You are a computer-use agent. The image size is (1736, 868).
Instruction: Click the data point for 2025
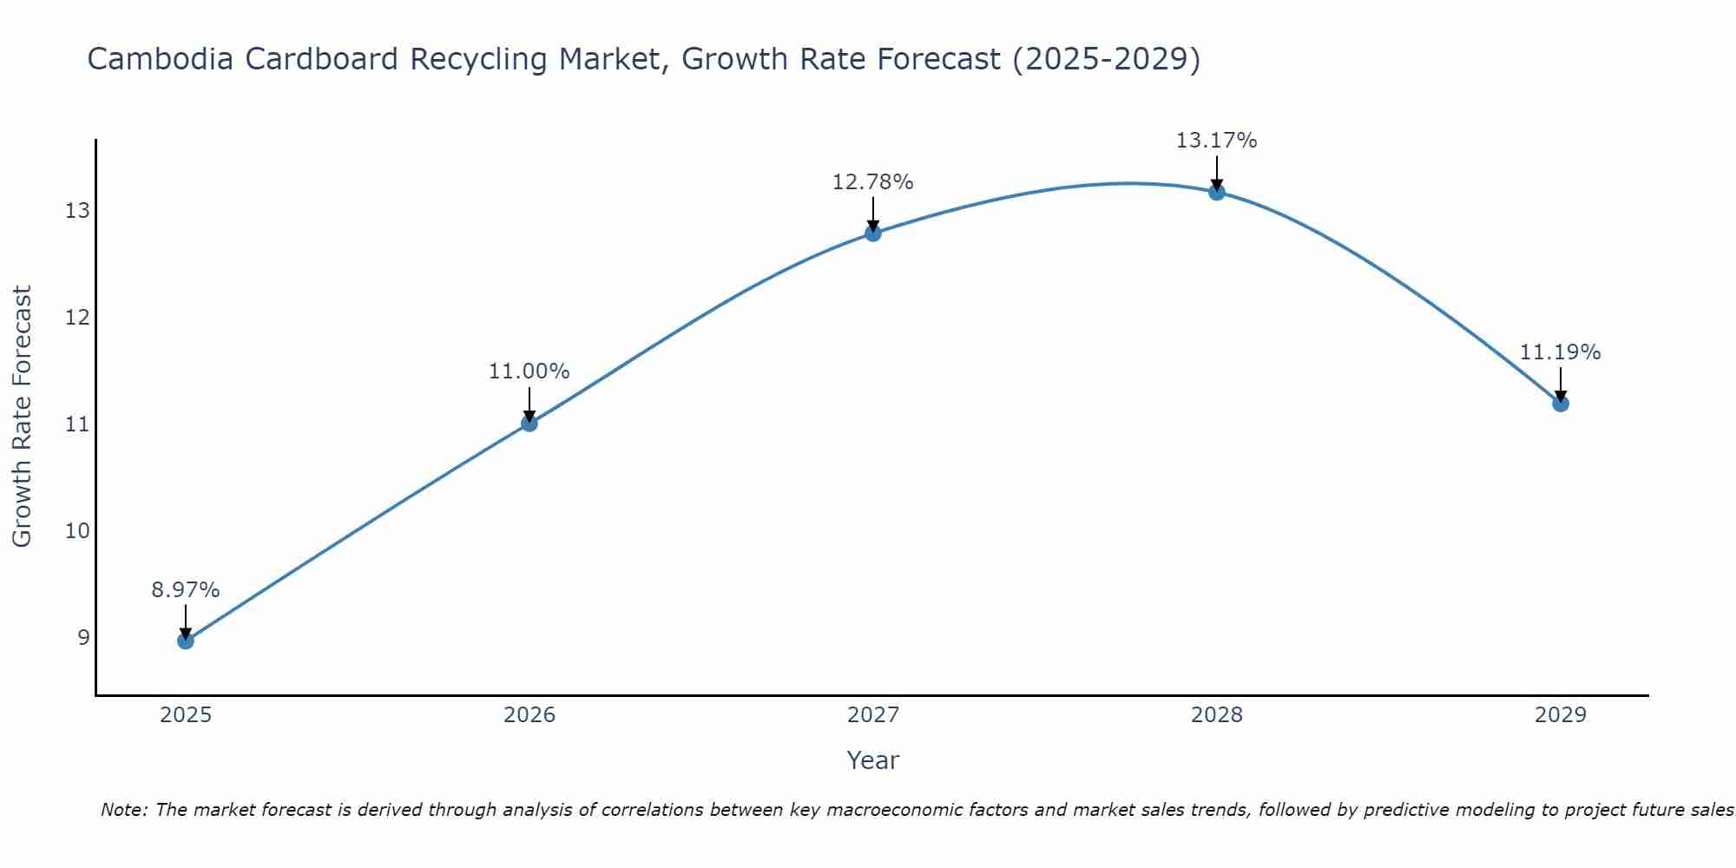pyautogui.click(x=185, y=641)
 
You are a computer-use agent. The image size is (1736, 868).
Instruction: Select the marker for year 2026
pyautogui.click(x=529, y=423)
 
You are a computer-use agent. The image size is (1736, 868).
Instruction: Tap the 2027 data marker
pyautogui.click(x=872, y=233)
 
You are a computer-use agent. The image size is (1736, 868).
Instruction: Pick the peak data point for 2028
pyautogui.click(x=1216, y=192)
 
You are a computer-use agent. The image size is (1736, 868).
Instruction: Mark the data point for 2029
pyautogui.click(x=1560, y=403)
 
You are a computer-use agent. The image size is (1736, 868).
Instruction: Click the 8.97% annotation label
pyautogui.click(x=185, y=590)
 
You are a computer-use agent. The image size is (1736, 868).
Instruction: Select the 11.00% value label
pyautogui.click(x=529, y=372)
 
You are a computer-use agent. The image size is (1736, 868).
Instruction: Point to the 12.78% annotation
pyautogui.click(x=872, y=182)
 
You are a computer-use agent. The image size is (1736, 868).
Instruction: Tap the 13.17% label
pyautogui.click(x=1216, y=141)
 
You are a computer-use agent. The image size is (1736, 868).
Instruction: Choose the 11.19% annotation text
pyautogui.click(x=1560, y=352)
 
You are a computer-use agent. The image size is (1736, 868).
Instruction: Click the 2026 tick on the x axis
pyautogui.click(x=529, y=715)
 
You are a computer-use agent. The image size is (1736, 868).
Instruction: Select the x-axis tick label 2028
pyautogui.click(x=1216, y=715)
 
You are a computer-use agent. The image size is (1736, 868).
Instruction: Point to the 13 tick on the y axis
pyautogui.click(x=77, y=211)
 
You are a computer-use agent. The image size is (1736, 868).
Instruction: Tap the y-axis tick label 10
pyautogui.click(x=77, y=530)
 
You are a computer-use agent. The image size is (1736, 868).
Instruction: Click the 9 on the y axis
pyautogui.click(x=83, y=637)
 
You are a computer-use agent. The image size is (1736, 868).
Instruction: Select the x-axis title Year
pyautogui.click(x=872, y=760)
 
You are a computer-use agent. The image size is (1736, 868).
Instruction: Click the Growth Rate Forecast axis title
pyautogui.click(x=23, y=417)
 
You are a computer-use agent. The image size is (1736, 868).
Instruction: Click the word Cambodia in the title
pyautogui.click(x=160, y=59)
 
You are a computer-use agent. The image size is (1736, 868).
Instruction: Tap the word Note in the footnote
pyautogui.click(x=124, y=810)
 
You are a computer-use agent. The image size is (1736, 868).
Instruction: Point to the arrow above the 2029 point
pyautogui.click(x=1560, y=382)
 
